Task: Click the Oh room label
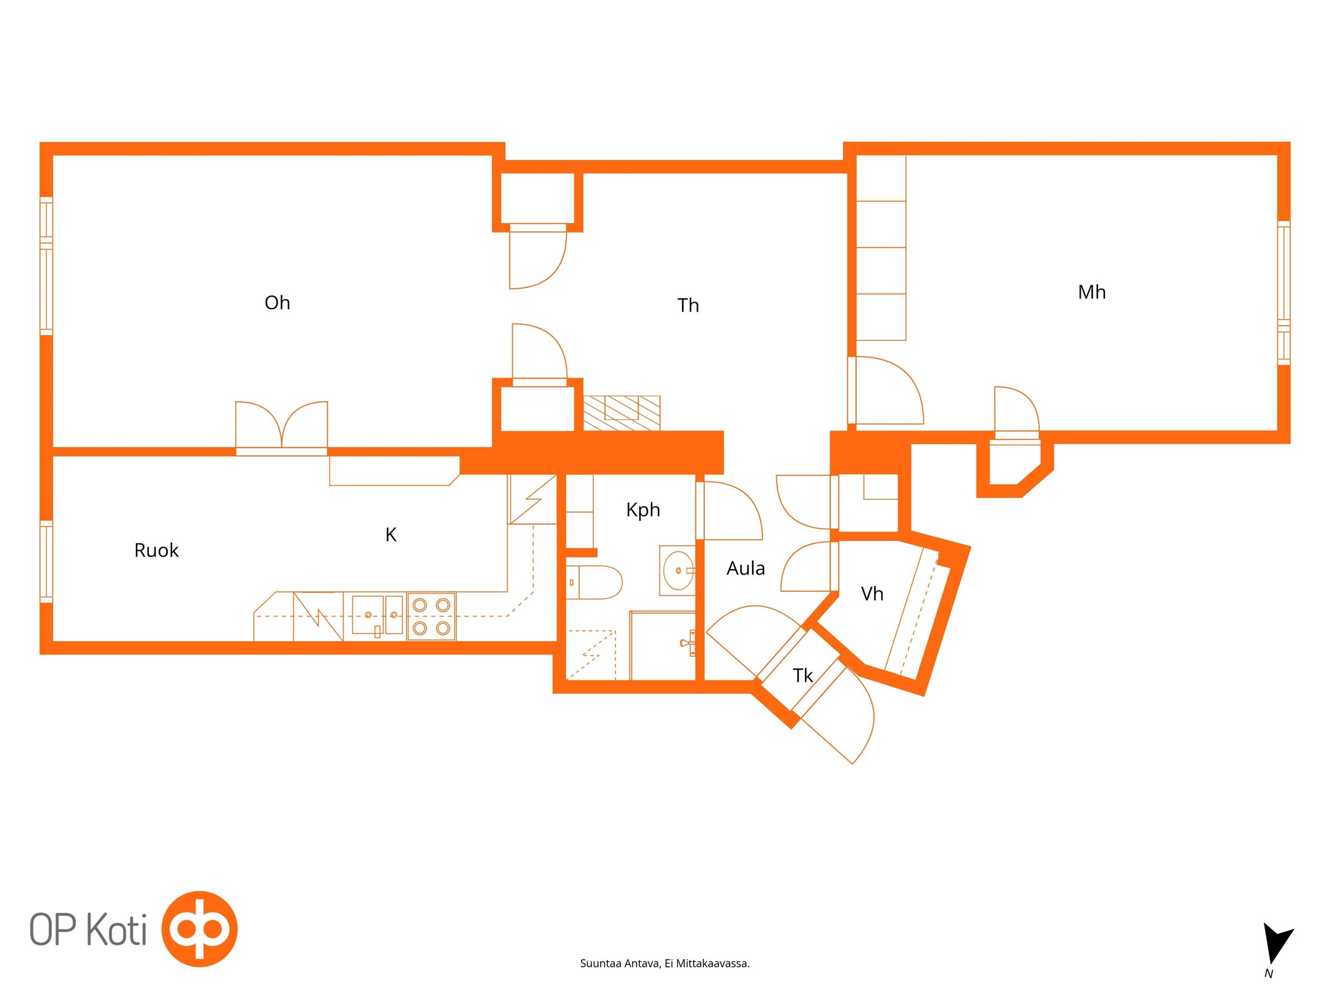point(277,303)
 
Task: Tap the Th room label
point(688,305)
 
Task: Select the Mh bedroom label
point(1091,292)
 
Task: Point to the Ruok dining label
point(157,550)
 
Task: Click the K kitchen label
point(391,535)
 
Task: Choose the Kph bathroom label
point(643,510)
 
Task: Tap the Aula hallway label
point(746,568)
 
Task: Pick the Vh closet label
point(872,594)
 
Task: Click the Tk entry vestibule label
point(802,675)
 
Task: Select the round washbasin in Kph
point(678,570)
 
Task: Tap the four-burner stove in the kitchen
point(431,616)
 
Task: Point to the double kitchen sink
point(377,615)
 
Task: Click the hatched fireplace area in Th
point(622,413)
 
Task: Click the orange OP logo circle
point(200,929)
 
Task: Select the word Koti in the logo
point(117,930)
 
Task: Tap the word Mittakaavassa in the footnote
point(713,964)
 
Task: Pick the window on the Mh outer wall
point(1284,293)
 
